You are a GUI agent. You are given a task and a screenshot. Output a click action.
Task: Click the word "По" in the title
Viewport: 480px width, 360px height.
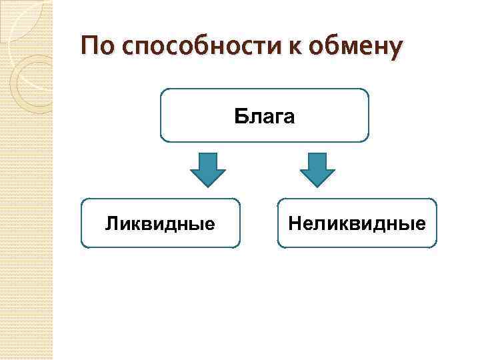[x=95, y=47]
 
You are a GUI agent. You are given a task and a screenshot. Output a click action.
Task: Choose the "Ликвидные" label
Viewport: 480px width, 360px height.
[x=160, y=223]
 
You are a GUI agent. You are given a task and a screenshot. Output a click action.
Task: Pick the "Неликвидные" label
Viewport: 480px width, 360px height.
[x=357, y=223]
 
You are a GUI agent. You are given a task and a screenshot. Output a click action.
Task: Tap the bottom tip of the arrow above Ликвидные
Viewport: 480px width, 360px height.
[x=208, y=187]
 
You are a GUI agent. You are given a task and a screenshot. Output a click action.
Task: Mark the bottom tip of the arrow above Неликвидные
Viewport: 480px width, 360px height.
[x=317, y=187]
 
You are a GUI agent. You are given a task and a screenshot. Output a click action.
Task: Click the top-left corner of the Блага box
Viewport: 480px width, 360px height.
[x=162, y=90]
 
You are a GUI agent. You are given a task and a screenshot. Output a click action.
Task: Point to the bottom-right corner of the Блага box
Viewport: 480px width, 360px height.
[x=367, y=141]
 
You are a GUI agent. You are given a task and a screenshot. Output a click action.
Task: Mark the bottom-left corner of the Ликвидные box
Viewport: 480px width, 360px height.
[x=82, y=247]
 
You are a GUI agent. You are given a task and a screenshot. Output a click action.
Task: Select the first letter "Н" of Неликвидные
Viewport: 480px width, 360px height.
[x=294, y=223]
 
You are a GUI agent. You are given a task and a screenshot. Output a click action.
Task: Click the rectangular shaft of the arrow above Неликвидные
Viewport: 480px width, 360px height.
[x=317, y=161]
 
